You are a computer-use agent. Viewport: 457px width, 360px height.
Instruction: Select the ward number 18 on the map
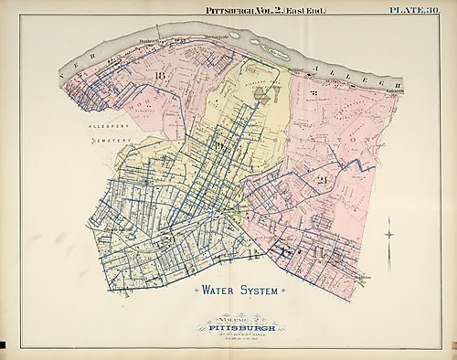[x=161, y=74]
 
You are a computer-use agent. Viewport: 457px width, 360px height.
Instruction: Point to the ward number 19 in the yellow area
[x=217, y=146]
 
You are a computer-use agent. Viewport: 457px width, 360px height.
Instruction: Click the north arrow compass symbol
[x=390, y=235]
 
